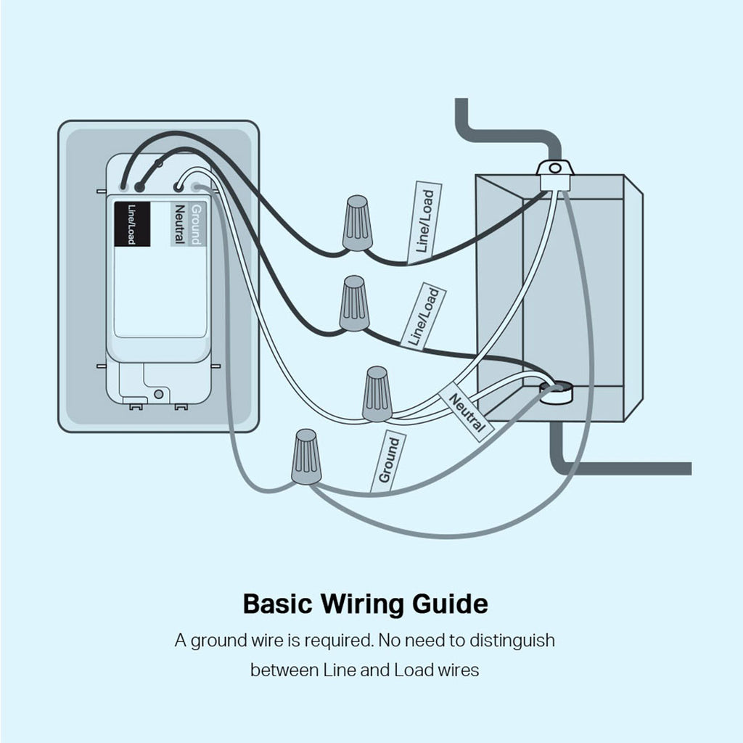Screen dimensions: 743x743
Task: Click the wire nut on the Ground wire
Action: [307, 457]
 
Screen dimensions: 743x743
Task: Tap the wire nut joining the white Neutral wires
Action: [377, 394]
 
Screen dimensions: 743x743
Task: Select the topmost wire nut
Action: [357, 223]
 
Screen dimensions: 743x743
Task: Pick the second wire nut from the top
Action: [354, 303]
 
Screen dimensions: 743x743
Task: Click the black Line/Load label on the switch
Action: [132, 224]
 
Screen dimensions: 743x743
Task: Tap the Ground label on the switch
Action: [197, 224]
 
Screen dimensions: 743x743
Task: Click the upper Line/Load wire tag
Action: [424, 223]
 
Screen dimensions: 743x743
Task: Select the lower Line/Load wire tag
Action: [423, 316]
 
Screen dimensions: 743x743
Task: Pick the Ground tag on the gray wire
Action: [388, 461]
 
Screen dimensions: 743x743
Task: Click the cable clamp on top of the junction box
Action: [555, 176]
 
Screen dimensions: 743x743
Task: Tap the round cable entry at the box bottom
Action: [556, 393]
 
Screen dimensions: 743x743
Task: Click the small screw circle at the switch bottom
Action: [159, 394]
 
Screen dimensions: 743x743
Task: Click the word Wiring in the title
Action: [364, 604]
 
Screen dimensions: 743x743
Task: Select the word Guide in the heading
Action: [450, 604]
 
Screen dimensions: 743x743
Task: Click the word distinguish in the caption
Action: [512, 641]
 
